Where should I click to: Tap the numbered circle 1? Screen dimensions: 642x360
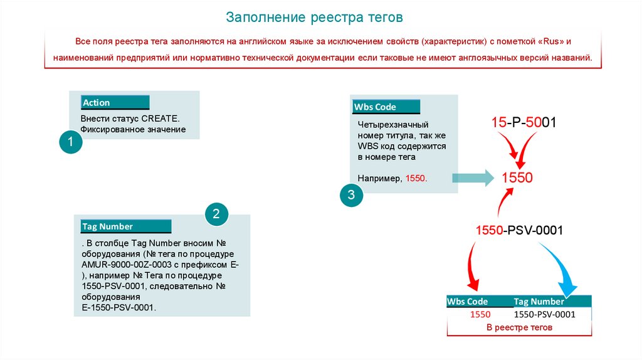(71, 142)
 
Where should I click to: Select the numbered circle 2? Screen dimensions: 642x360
(216, 214)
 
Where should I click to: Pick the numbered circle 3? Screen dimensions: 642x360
(351, 195)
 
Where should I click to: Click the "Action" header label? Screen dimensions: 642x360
(97, 103)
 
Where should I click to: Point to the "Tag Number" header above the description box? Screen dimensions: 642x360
(108, 226)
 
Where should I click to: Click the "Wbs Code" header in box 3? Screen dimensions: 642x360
(375, 107)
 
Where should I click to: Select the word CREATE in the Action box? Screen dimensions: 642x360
(160, 118)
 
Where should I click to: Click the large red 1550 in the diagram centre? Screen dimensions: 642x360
(517, 177)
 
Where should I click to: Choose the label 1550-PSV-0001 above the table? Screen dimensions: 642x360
(519, 231)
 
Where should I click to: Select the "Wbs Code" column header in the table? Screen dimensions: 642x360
(467, 302)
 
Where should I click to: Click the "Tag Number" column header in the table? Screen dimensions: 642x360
(539, 302)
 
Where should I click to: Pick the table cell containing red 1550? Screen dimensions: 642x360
(480, 314)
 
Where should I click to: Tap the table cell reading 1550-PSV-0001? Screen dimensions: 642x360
(544, 314)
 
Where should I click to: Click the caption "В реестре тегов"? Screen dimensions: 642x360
(519, 327)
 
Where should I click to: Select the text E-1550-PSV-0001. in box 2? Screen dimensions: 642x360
(118, 307)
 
